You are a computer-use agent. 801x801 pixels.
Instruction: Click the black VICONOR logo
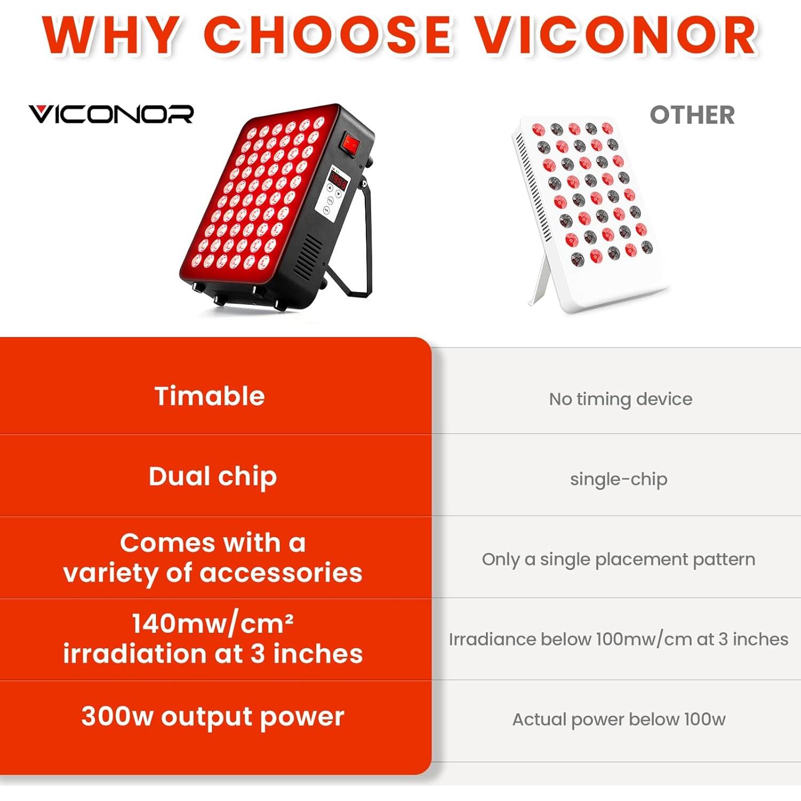point(111,114)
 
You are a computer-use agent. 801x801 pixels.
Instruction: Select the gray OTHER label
point(692,115)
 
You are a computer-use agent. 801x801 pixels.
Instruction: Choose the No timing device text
point(620,399)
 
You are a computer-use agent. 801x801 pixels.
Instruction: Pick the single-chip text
point(618,479)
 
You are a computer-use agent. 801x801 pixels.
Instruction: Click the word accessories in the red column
point(281,573)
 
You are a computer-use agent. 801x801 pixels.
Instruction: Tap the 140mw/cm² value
point(213,623)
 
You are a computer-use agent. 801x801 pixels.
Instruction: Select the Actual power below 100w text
point(618,719)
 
